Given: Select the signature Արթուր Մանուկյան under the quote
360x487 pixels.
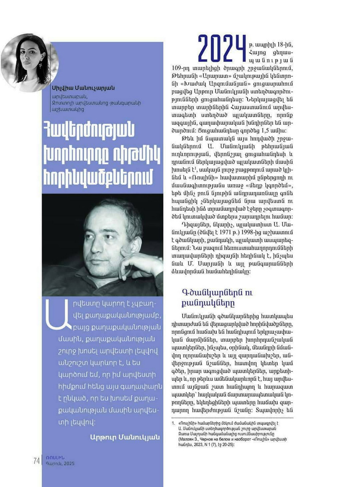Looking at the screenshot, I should (125, 437).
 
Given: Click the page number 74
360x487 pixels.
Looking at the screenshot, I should (36, 461).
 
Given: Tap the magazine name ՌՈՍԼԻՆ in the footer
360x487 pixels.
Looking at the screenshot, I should (55, 457).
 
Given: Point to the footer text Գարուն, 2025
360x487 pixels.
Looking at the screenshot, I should (60, 464).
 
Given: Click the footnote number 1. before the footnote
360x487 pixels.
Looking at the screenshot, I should (173, 422).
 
